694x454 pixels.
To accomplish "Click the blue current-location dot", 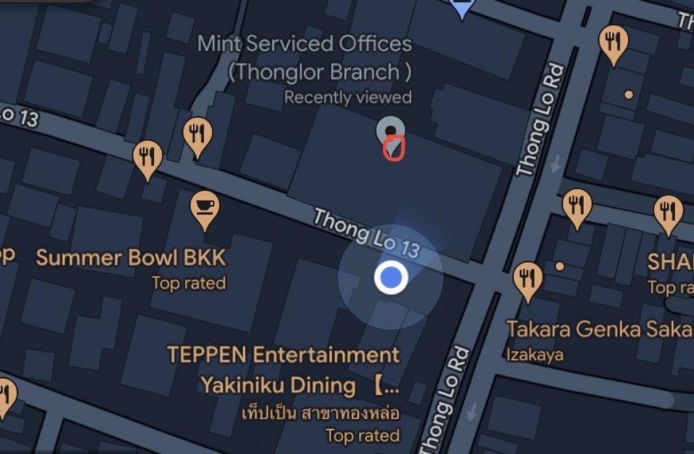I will coord(391,277).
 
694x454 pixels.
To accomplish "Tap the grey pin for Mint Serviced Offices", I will coord(390,131).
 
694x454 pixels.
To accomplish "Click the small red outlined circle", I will coord(393,148).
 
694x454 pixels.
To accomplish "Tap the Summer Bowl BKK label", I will coord(131,258).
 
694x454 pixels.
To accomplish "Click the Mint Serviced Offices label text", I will coord(305,44).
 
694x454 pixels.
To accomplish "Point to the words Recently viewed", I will coord(347,97).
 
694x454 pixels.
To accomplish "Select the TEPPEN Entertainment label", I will coord(284,354).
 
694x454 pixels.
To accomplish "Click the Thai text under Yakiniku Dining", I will coord(320,412).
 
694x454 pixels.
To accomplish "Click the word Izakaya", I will coord(535,354).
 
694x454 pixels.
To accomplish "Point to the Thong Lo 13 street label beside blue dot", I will coord(366,232).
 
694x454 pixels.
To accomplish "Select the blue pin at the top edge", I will coord(462,7).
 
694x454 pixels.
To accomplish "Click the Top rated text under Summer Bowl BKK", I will coord(189,284).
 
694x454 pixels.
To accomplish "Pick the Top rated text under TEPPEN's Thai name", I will coord(362,435).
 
